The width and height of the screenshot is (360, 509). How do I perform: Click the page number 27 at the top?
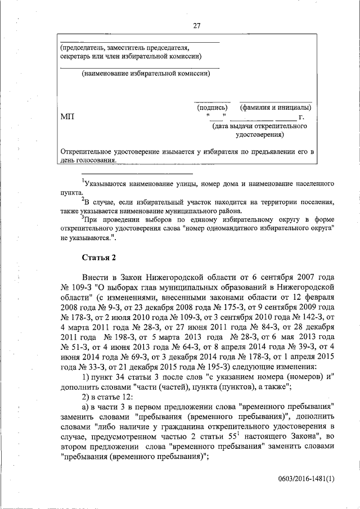(196, 25)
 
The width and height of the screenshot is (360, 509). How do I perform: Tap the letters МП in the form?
(67, 116)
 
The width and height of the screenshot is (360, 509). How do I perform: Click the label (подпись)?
(212, 107)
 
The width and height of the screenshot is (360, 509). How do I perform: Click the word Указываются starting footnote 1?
(107, 183)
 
